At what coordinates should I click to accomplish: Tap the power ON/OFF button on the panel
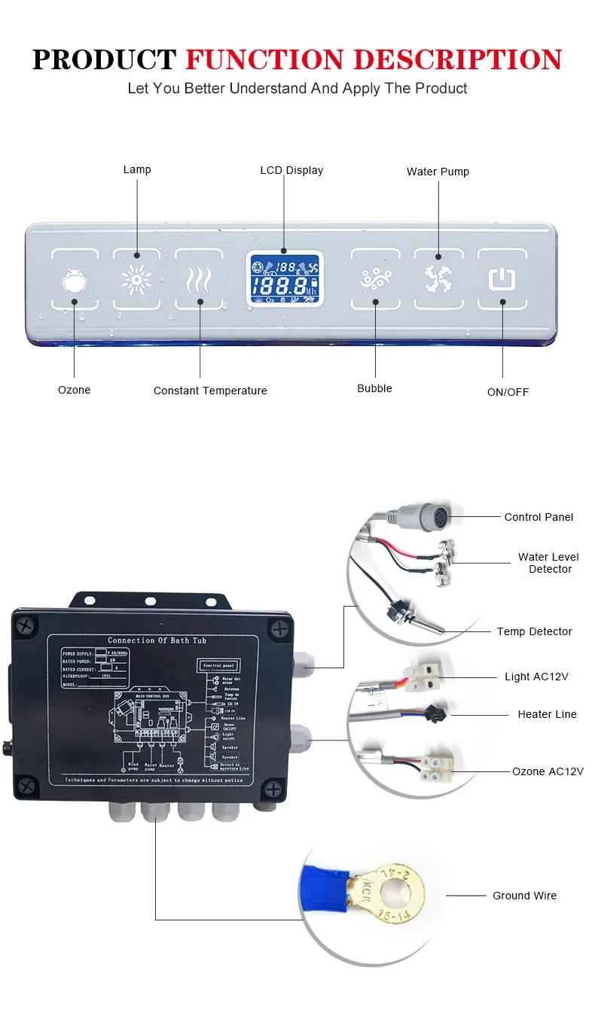(502, 279)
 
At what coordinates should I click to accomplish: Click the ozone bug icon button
(75, 281)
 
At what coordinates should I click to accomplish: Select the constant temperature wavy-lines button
(200, 280)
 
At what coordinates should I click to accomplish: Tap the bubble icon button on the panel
(375, 280)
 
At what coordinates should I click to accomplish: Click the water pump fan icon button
(438, 279)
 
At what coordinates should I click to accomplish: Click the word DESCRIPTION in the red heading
(458, 59)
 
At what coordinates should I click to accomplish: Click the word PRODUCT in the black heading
(105, 59)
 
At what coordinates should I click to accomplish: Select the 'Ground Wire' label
(524, 896)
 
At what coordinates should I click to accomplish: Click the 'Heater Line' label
(547, 714)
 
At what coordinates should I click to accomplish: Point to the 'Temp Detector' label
(534, 631)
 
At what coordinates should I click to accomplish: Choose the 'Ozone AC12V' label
(548, 771)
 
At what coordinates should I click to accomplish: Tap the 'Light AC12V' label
(536, 677)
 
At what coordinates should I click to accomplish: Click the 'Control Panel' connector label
(539, 517)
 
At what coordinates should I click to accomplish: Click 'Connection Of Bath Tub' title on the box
(157, 640)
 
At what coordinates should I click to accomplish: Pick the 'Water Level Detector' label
(549, 563)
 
